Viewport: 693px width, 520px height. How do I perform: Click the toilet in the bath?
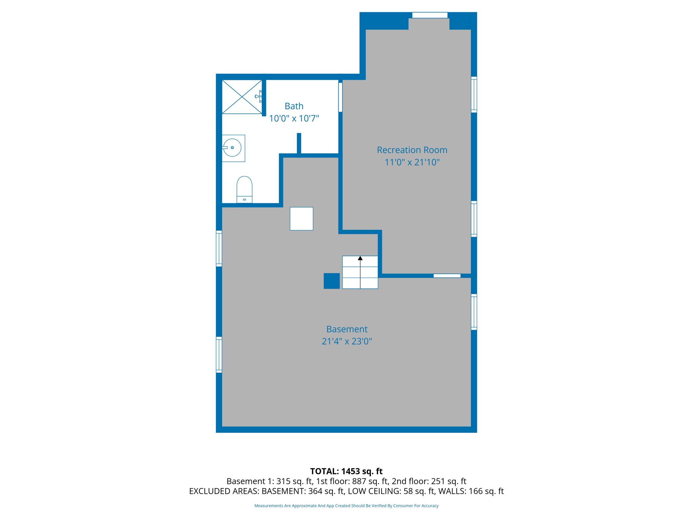coord(244,190)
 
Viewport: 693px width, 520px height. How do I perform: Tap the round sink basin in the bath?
coord(232,148)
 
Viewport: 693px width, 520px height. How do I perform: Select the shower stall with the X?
coord(242,97)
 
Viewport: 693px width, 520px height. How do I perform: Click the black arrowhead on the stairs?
coord(360,258)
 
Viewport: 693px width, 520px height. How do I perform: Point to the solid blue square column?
coord(332,281)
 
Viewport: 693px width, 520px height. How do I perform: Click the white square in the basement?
coord(301,219)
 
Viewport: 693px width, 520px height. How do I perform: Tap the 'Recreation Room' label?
coord(412,150)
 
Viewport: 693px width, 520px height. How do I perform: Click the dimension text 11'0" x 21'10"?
coord(412,162)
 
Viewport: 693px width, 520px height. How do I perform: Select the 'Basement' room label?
coord(347,329)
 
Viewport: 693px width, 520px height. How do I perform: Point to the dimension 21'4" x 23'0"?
coord(347,341)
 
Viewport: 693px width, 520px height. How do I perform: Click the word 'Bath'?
coord(294,106)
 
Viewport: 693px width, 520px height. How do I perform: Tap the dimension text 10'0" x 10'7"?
coord(294,118)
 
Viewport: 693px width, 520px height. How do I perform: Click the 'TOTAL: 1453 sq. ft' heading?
coord(346,471)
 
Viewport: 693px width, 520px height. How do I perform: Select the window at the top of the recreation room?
coord(430,15)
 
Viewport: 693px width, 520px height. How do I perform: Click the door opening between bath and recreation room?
coord(340,97)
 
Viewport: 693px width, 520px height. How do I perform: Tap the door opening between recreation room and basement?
coord(447,276)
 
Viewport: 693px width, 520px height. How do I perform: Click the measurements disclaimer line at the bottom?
coord(346,506)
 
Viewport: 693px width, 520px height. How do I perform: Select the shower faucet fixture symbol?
coord(259,96)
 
